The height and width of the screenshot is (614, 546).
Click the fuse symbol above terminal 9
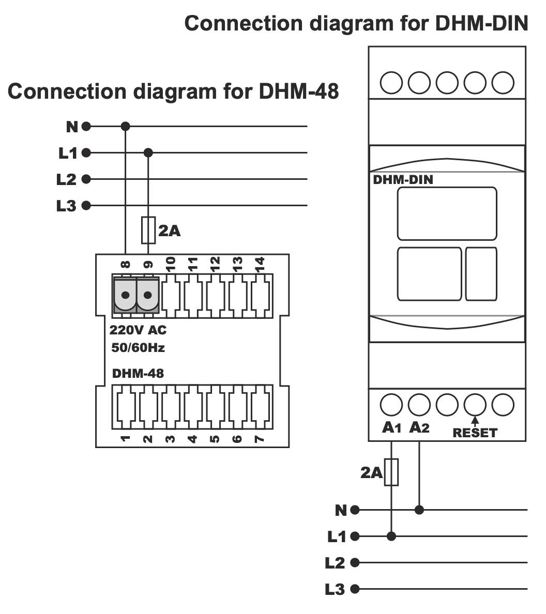[x=148, y=231]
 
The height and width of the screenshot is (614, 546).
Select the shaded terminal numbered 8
[x=125, y=295]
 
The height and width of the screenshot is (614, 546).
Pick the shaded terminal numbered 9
[x=148, y=295]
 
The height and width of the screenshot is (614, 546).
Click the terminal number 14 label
[x=260, y=264]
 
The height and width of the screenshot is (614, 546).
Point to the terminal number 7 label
[x=260, y=439]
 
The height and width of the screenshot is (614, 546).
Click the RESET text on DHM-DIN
[x=474, y=433]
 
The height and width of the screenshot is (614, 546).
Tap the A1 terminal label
[x=391, y=428]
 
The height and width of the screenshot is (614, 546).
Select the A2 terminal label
[x=419, y=428]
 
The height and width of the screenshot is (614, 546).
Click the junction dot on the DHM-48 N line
[x=125, y=126]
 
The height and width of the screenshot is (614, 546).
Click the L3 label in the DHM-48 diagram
[x=66, y=206]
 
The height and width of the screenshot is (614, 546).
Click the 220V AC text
[x=138, y=330]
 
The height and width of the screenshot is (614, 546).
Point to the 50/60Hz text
[x=138, y=348]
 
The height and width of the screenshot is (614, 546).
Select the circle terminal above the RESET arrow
[x=475, y=405]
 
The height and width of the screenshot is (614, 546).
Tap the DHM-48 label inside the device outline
[x=138, y=373]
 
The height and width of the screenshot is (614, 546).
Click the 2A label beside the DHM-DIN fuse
[x=371, y=472]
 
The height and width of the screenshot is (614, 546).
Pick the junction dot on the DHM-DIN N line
[x=419, y=510]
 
